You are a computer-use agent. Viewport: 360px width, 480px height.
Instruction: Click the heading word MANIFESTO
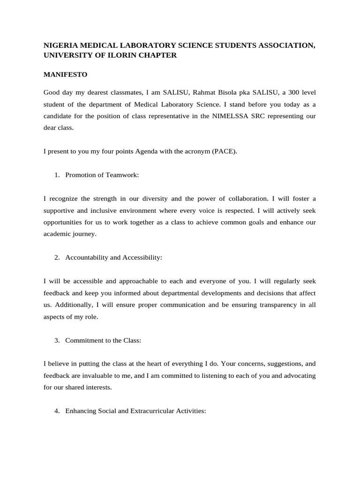65,74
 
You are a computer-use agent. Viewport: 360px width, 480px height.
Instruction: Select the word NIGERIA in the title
60,45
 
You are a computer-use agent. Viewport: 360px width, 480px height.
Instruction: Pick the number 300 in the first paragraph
291,91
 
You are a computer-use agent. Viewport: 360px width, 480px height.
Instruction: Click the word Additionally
74,305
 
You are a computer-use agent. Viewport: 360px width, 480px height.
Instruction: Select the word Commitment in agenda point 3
83,340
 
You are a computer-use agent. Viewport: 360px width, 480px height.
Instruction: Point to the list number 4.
56,411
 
